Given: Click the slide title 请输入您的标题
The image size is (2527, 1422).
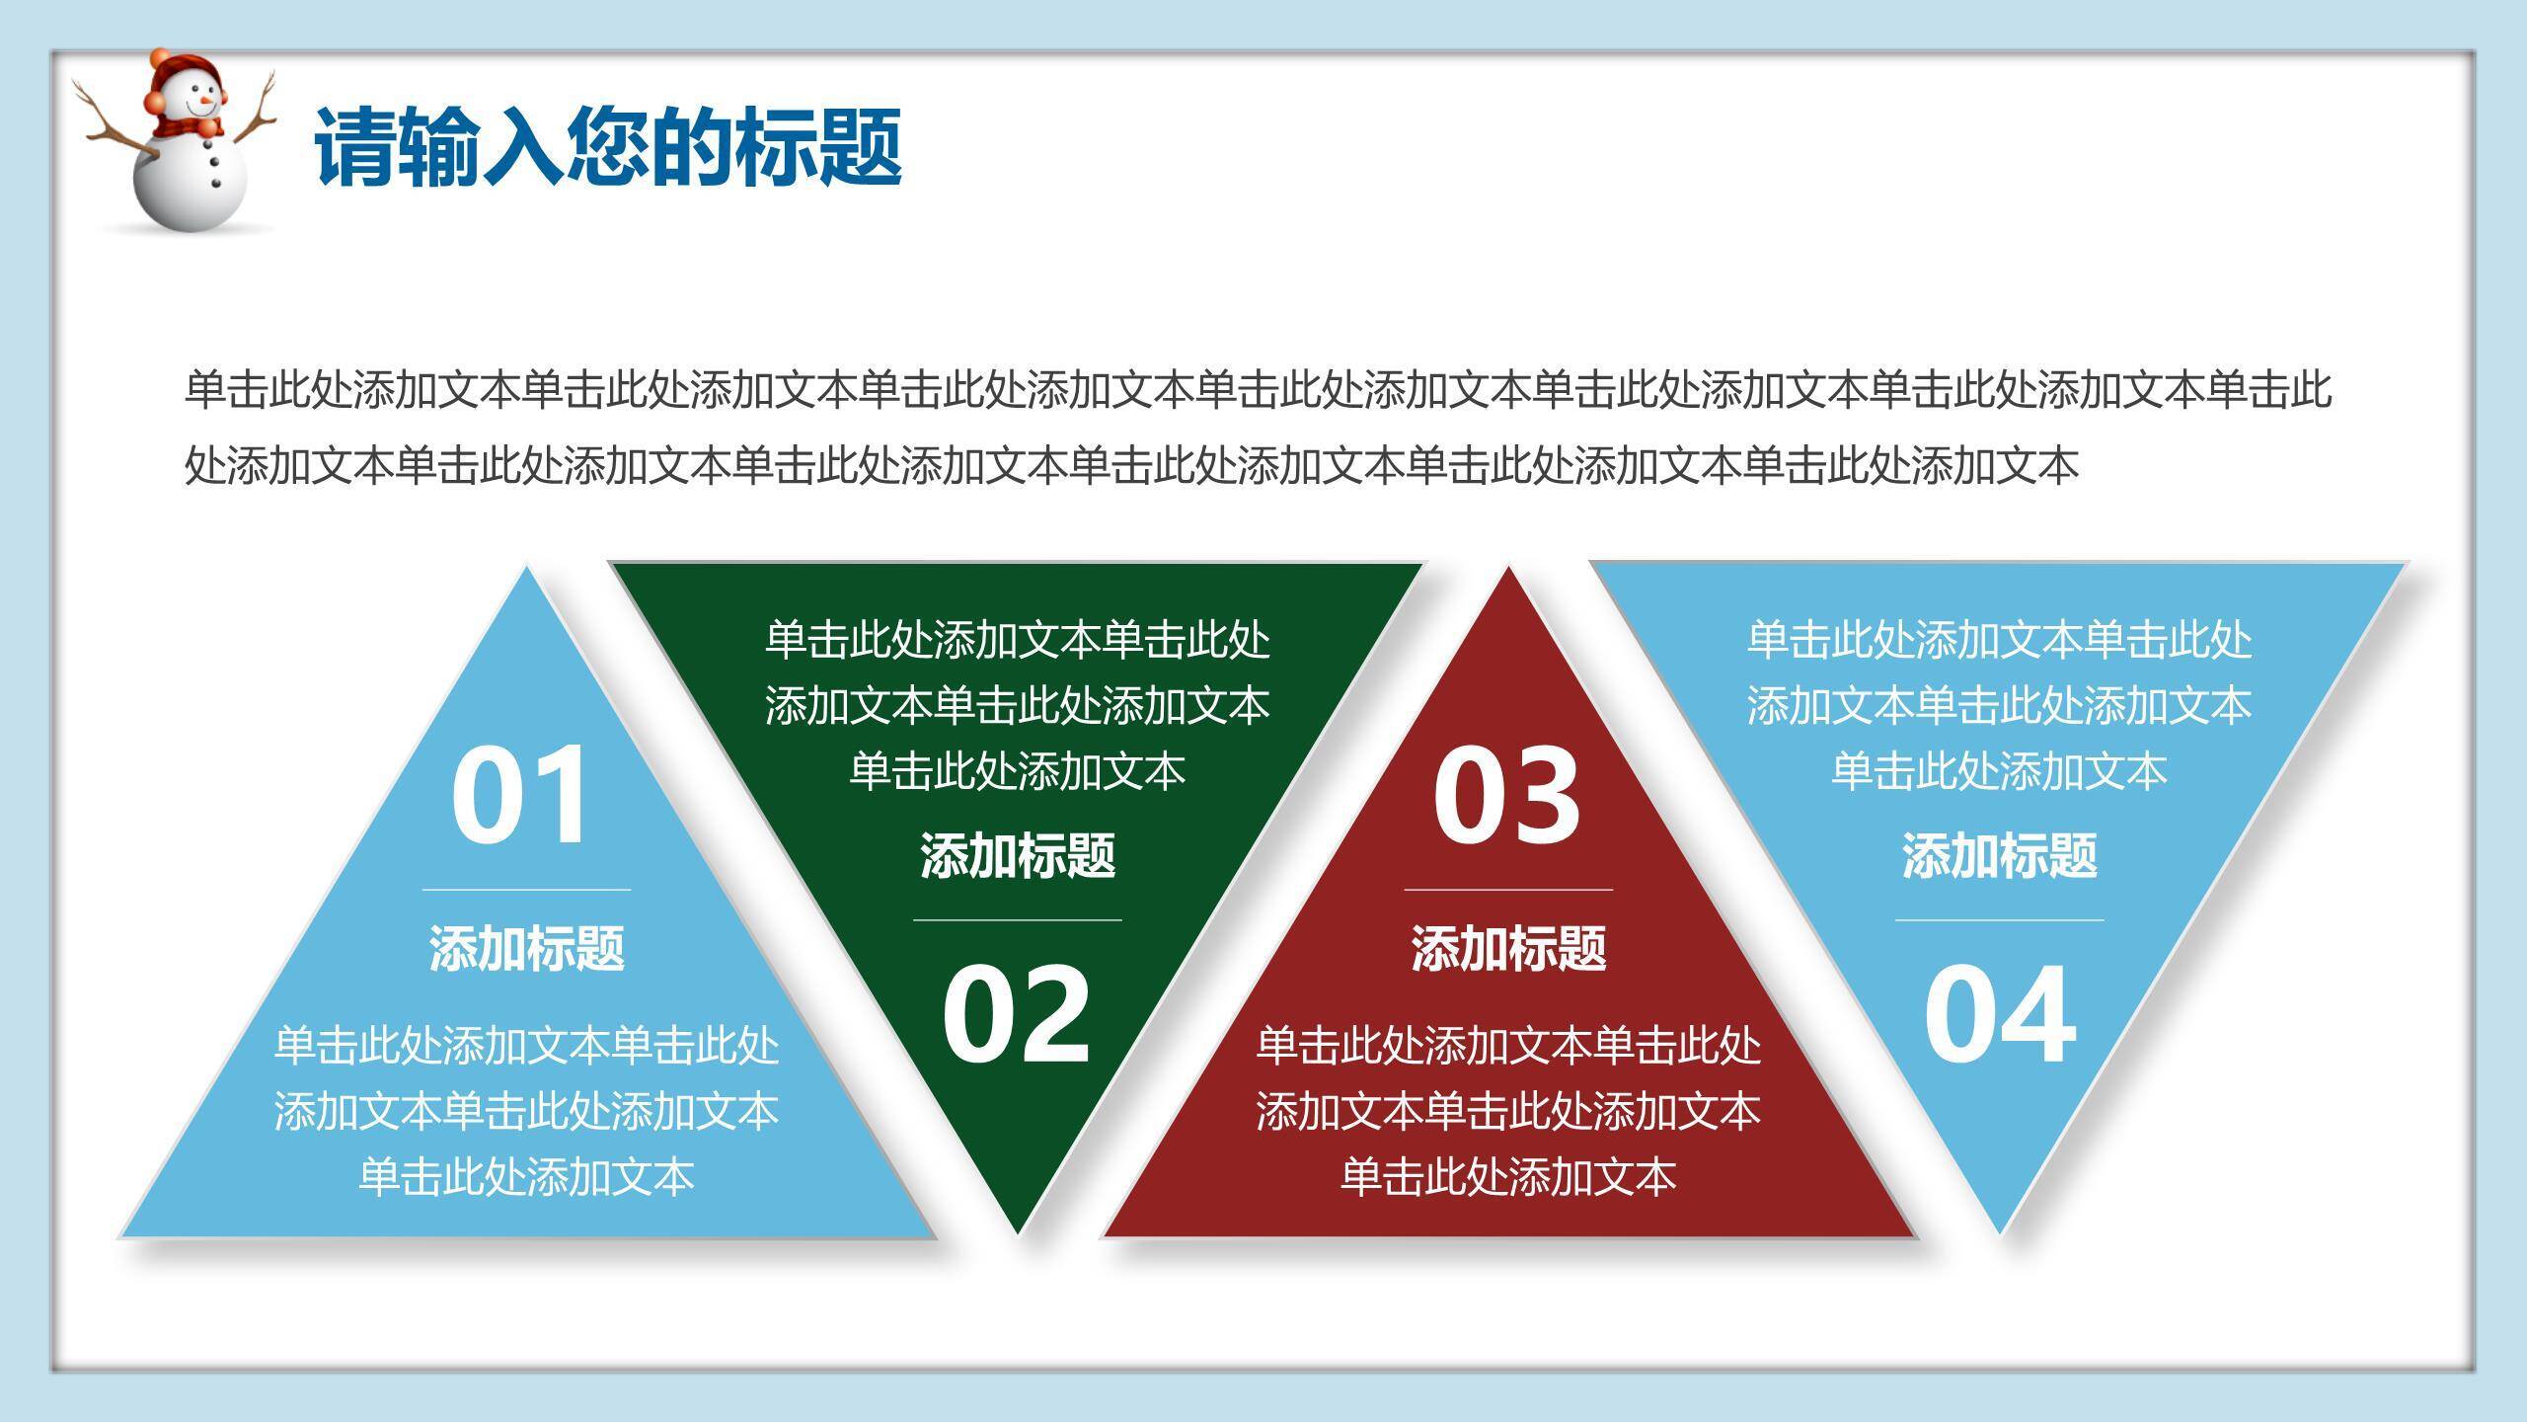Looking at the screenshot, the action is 608,148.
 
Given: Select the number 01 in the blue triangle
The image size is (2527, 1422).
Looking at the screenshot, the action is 520,796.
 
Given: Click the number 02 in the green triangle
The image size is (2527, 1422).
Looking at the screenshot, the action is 1016,1014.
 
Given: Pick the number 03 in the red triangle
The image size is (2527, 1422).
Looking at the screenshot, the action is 1506,796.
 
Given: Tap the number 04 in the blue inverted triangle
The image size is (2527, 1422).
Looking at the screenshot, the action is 1999,1014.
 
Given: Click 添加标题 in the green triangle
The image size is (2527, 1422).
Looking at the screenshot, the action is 1018,855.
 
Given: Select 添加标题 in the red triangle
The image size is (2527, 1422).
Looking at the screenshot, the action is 1508,948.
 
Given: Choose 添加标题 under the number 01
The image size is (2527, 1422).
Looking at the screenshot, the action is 526,948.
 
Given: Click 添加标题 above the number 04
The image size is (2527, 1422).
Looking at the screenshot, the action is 2000,855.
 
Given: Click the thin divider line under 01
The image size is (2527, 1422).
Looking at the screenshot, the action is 526,890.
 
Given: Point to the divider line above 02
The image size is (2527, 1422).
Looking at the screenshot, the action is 1018,919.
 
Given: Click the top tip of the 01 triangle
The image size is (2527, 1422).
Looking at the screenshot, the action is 526,567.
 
